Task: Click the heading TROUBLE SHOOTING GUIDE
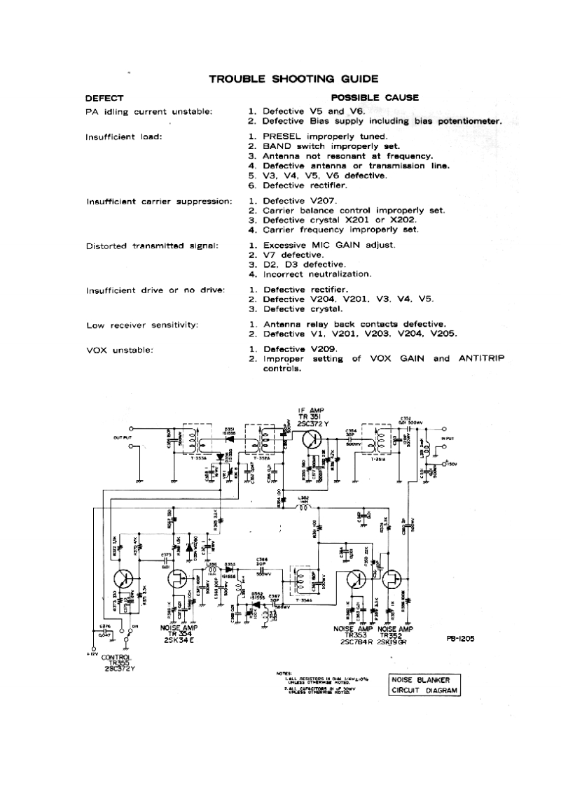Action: click(294, 79)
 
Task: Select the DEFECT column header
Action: click(104, 98)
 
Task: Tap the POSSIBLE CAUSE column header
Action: click(375, 98)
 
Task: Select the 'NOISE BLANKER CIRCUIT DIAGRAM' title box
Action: click(425, 685)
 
